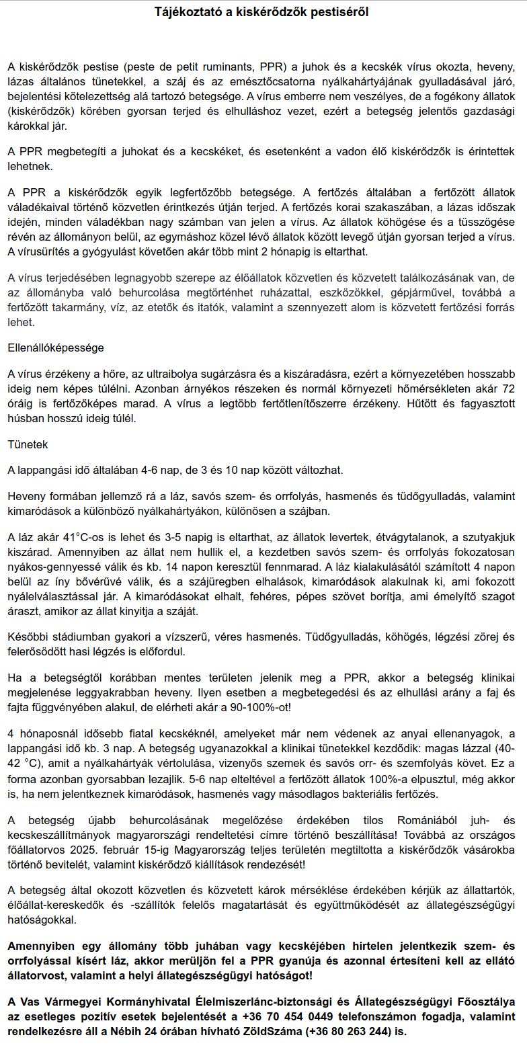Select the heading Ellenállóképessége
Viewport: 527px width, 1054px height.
coord(56,348)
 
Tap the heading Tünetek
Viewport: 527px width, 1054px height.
coord(28,444)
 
